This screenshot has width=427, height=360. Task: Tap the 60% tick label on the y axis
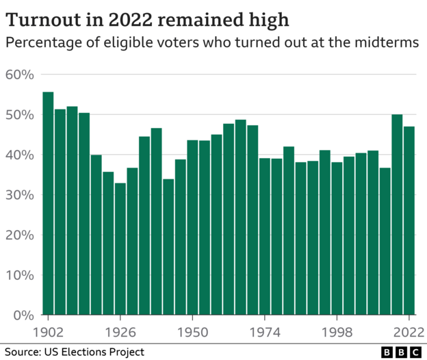(19, 75)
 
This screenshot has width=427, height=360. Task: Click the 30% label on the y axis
(19, 195)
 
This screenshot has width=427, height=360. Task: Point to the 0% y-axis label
(23, 316)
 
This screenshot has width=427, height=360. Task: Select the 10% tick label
(19, 276)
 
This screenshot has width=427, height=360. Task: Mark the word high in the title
(268, 17)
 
